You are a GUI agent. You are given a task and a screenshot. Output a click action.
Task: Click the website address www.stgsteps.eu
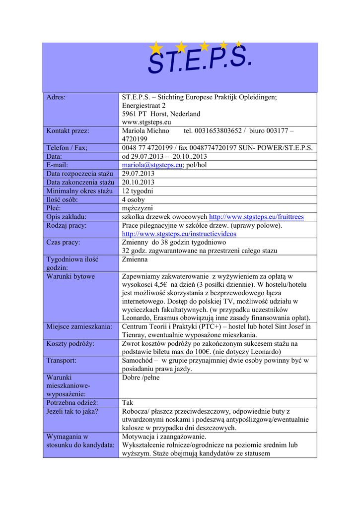tap(146, 122)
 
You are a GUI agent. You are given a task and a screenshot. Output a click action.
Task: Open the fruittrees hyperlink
tap(256, 217)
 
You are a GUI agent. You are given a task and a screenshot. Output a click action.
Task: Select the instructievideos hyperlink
tap(179, 234)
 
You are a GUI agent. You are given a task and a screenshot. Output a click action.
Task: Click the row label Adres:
tap(56, 97)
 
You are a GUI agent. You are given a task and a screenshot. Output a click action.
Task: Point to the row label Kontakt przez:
tap(68, 131)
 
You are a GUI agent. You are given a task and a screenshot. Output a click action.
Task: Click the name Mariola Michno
tap(145, 131)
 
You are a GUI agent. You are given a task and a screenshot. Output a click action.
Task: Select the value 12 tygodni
tap(138, 191)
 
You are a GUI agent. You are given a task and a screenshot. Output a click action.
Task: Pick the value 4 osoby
tap(133, 199)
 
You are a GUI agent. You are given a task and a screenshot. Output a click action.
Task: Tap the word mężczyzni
tap(138, 208)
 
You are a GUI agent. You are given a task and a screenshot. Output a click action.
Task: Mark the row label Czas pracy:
tap(63, 243)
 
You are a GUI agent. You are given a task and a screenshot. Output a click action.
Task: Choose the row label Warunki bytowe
tap(71, 276)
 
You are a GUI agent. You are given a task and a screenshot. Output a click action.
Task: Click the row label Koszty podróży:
tap(70, 343)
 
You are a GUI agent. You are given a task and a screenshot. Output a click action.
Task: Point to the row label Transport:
tap(62, 360)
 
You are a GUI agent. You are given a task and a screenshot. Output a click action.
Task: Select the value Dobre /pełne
tap(141, 378)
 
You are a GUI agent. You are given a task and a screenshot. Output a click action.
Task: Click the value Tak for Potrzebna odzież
tap(128, 403)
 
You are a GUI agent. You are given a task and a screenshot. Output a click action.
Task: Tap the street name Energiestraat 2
tap(144, 106)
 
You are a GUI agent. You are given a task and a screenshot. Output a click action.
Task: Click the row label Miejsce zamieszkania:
tap(79, 326)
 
